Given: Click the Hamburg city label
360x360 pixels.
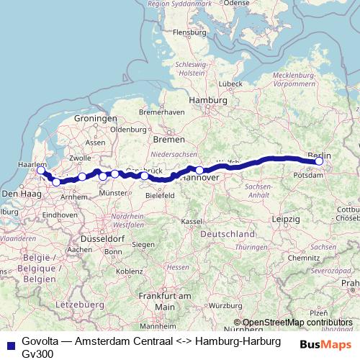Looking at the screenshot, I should (202, 101).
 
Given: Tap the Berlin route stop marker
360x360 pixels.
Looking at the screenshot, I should (319, 162).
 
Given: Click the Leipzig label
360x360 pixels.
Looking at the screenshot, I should (286, 218).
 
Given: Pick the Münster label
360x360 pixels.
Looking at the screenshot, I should (114, 193).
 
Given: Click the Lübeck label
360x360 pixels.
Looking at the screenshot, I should (230, 84).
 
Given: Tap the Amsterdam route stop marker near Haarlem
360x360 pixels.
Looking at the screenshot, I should (41, 171).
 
